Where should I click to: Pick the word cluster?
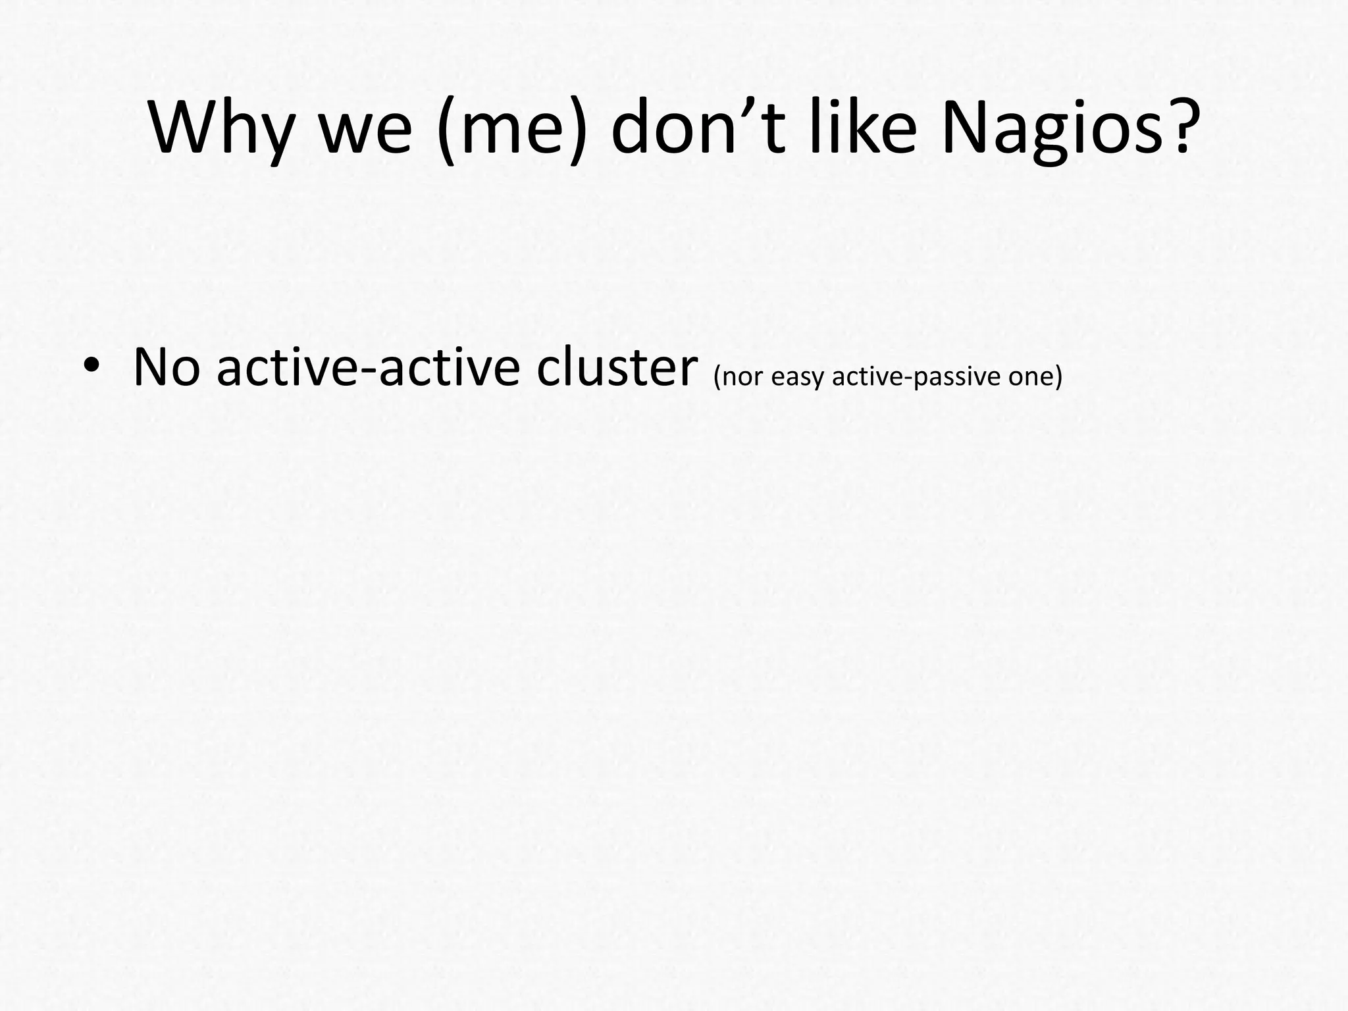point(617,367)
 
